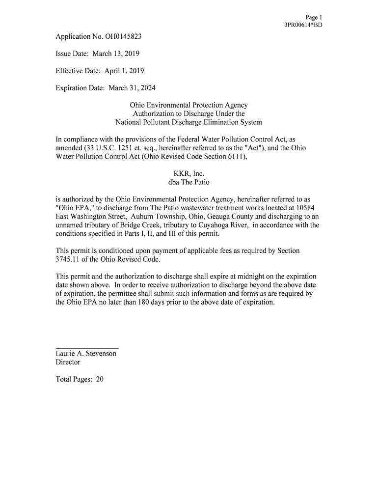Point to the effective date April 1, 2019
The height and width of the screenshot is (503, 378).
pos(124,71)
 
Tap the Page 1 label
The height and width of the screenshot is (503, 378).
pos(314,17)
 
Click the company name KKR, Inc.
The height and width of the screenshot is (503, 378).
pos(189,173)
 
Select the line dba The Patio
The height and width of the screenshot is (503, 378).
pos(189,182)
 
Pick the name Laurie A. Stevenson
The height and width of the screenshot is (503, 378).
pos(86,354)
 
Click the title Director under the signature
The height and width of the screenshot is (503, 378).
pos(68,362)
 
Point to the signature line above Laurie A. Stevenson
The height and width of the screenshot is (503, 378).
pos(87,348)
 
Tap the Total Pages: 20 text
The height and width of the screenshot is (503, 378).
pos(80,379)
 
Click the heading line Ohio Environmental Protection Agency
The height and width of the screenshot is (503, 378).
pos(189,105)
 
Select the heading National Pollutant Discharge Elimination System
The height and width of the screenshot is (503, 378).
pos(189,122)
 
